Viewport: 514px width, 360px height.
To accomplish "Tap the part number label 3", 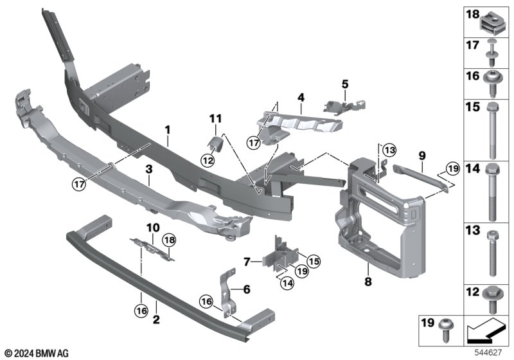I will point(148,170).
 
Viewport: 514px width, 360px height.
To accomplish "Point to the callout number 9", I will point(421,155).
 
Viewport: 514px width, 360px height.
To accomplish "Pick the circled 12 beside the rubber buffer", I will point(209,159).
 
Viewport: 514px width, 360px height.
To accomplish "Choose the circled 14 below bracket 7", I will point(285,283).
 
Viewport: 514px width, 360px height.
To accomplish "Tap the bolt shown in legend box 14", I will point(493,191).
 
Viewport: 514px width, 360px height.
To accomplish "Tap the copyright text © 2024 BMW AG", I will point(35,353).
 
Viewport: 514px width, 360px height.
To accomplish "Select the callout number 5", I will point(344,84).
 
